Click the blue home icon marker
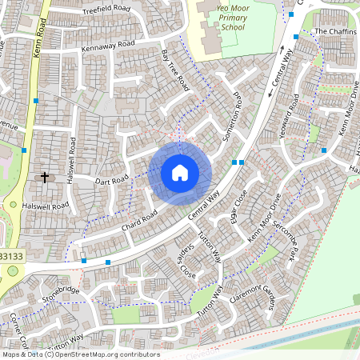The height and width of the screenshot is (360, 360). [x=180, y=173]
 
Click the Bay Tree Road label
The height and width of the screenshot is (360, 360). [x=174, y=70]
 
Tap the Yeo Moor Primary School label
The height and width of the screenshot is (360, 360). [x=222, y=17]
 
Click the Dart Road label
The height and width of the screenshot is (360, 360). [x=110, y=182]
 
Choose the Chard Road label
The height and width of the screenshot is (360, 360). [x=139, y=222]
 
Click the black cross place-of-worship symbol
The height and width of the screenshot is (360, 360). [x=44, y=176]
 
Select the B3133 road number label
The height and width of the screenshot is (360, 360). [x=11, y=255]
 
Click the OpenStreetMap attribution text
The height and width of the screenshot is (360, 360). [x=80, y=354]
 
